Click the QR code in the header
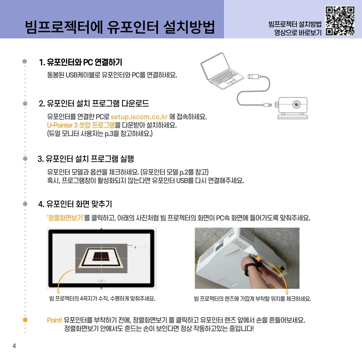pyautogui.click(x=340, y=20)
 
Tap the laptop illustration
pyautogui.click(x=222, y=71)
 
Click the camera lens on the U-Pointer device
pyautogui.click(x=297, y=104)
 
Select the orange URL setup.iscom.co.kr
pyautogui.click(x=139, y=117)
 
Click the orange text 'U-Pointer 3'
pyautogui.click(x=62, y=125)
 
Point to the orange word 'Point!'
pyautogui.click(x=54, y=320)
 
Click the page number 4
pyautogui.click(x=14, y=346)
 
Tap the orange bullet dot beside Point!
pyautogui.click(x=25, y=320)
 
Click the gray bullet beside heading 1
pyautogui.click(x=24, y=61)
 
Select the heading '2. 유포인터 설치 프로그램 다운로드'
pyautogui.click(x=94, y=104)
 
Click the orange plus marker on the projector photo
pyautogui.click(x=258, y=258)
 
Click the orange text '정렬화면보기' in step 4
pyautogui.click(x=65, y=218)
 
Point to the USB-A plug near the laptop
pyautogui.click(x=253, y=76)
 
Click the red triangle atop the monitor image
pyautogui.click(x=101, y=229)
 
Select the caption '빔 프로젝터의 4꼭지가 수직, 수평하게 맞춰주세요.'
pyautogui.click(x=102, y=298)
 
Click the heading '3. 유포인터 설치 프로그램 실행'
pyautogui.click(x=86, y=159)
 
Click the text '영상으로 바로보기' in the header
pyautogui.click(x=298, y=32)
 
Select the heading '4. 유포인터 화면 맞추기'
pyautogui.click(x=75, y=204)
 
